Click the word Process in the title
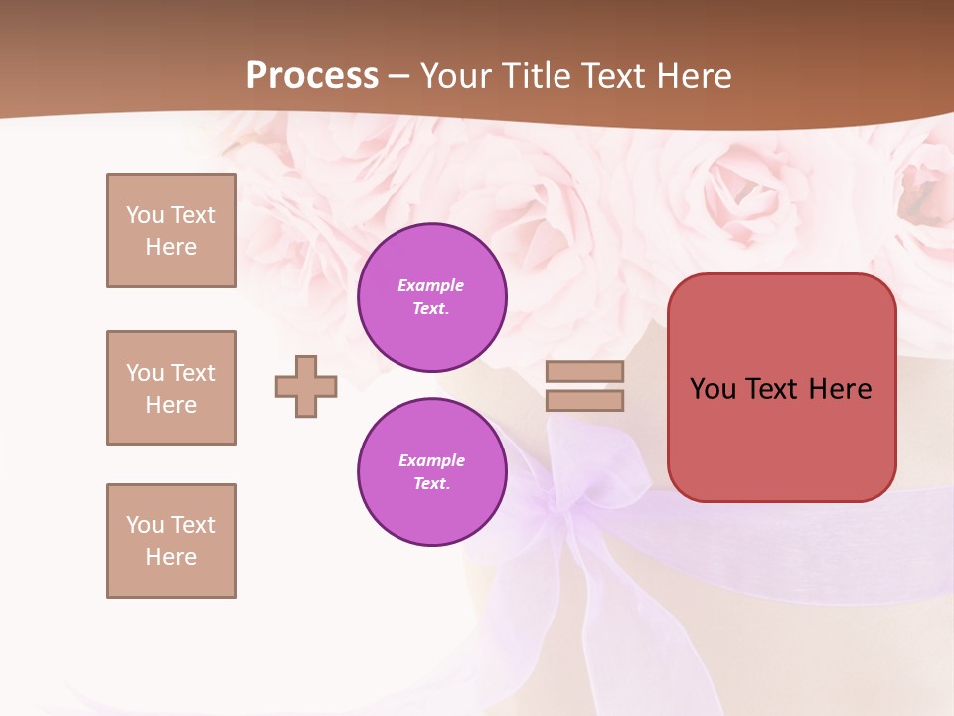(312, 76)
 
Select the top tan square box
(171, 231)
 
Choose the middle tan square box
(171, 388)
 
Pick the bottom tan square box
(171, 541)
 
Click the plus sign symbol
(306, 386)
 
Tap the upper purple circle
(432, 297)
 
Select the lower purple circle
(432, 472)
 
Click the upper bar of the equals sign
(584, 372)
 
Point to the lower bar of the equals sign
(584, 400)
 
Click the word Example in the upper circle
(431, 285)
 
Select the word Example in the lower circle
(431, 460)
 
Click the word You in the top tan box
(145, 215)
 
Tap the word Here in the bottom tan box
(171, 557)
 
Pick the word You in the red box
(713, 389)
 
